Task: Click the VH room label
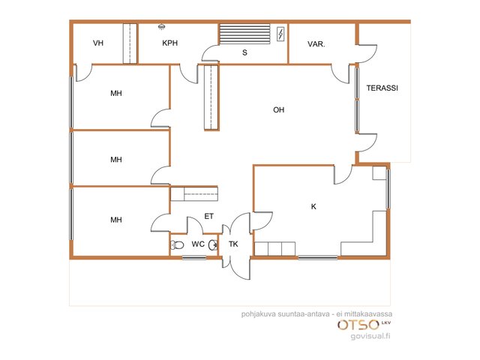click(x=98, y=43)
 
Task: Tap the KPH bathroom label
click(x=170, y=43)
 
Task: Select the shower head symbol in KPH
click(x=162, y=27)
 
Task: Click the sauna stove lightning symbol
click(x=280, y=34)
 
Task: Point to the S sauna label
click(x=244, y=52)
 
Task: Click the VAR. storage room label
click(x=316, y=44)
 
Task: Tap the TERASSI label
click(x=382, y=88)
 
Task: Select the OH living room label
click(x=278, y=109)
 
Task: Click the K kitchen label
click(x=313, y=207)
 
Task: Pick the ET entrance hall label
click(x=208, y=217)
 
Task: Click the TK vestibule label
click(x=233, y=244)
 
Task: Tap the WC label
click(x=198, y=244)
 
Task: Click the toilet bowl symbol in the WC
click(x=177, y=245)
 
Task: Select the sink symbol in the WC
click(x=213, y=245)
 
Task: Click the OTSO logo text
click(x=358, y=325)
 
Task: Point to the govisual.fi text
click(x=370, y=336)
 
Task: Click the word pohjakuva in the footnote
click(x=259, y=314)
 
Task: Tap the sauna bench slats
click(x=245, y=34)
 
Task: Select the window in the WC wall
click(x=194, y=258)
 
